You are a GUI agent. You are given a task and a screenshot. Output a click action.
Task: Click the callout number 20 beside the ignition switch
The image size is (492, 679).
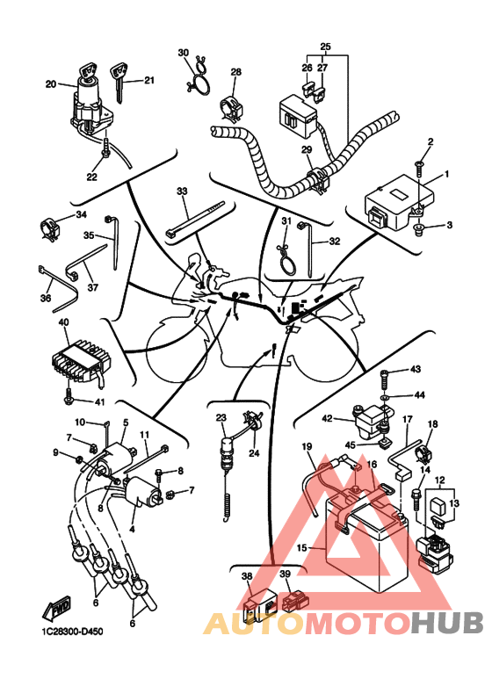point(51,84)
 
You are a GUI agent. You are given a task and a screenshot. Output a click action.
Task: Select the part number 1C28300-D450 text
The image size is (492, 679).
point(72,632)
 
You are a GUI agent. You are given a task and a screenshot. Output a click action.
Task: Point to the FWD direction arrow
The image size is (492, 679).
point(56,607)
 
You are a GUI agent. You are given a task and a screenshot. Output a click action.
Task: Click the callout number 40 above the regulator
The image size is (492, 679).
point(63,322)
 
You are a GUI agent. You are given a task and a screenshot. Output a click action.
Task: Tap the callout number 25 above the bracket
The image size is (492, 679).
point(325,47)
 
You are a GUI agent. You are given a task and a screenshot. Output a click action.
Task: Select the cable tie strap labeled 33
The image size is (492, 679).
point(194,219)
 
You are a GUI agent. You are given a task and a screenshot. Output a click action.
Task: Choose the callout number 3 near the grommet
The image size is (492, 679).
point(450,225)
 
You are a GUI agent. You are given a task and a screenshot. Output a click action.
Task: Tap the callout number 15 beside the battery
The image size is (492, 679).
point(302,548)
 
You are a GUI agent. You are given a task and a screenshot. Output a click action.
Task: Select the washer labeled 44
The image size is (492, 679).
point(385,396)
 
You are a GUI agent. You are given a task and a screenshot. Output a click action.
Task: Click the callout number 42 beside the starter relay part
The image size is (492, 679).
point(327,419)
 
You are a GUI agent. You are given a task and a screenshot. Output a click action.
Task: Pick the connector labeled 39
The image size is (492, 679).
point(296,601)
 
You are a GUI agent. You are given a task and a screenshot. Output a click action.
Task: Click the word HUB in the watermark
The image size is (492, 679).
point(446,623)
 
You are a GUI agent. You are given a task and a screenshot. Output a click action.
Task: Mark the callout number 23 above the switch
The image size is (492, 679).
point(221,418)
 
